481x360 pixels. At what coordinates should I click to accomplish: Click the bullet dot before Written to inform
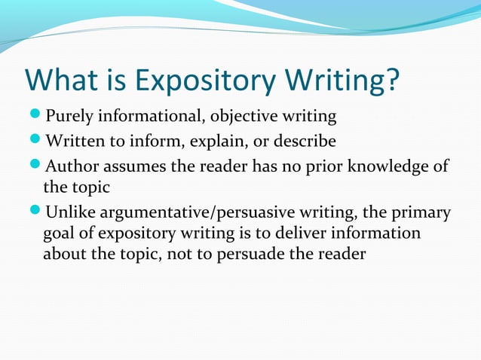click(36, 140)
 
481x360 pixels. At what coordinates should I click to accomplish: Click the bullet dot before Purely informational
click(36, 117)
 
